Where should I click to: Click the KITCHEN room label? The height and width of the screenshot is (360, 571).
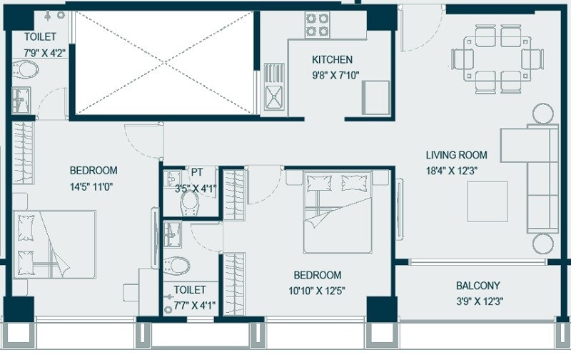[x=332, y=59]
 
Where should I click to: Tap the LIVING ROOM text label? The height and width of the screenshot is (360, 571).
[x=456, y=154]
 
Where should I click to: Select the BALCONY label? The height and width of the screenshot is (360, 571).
[x=478, y=286]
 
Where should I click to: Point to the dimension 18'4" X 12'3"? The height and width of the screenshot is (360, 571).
[x=456, y=170]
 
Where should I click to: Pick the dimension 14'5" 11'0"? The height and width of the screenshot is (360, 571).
[x=93, y=187]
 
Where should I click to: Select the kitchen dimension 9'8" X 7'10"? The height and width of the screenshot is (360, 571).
[x=332, y=74]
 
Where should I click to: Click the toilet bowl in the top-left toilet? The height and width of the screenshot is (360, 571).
[x=27, y=70]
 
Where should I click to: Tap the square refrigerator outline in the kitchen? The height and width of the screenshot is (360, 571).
[x=375, y=96]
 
